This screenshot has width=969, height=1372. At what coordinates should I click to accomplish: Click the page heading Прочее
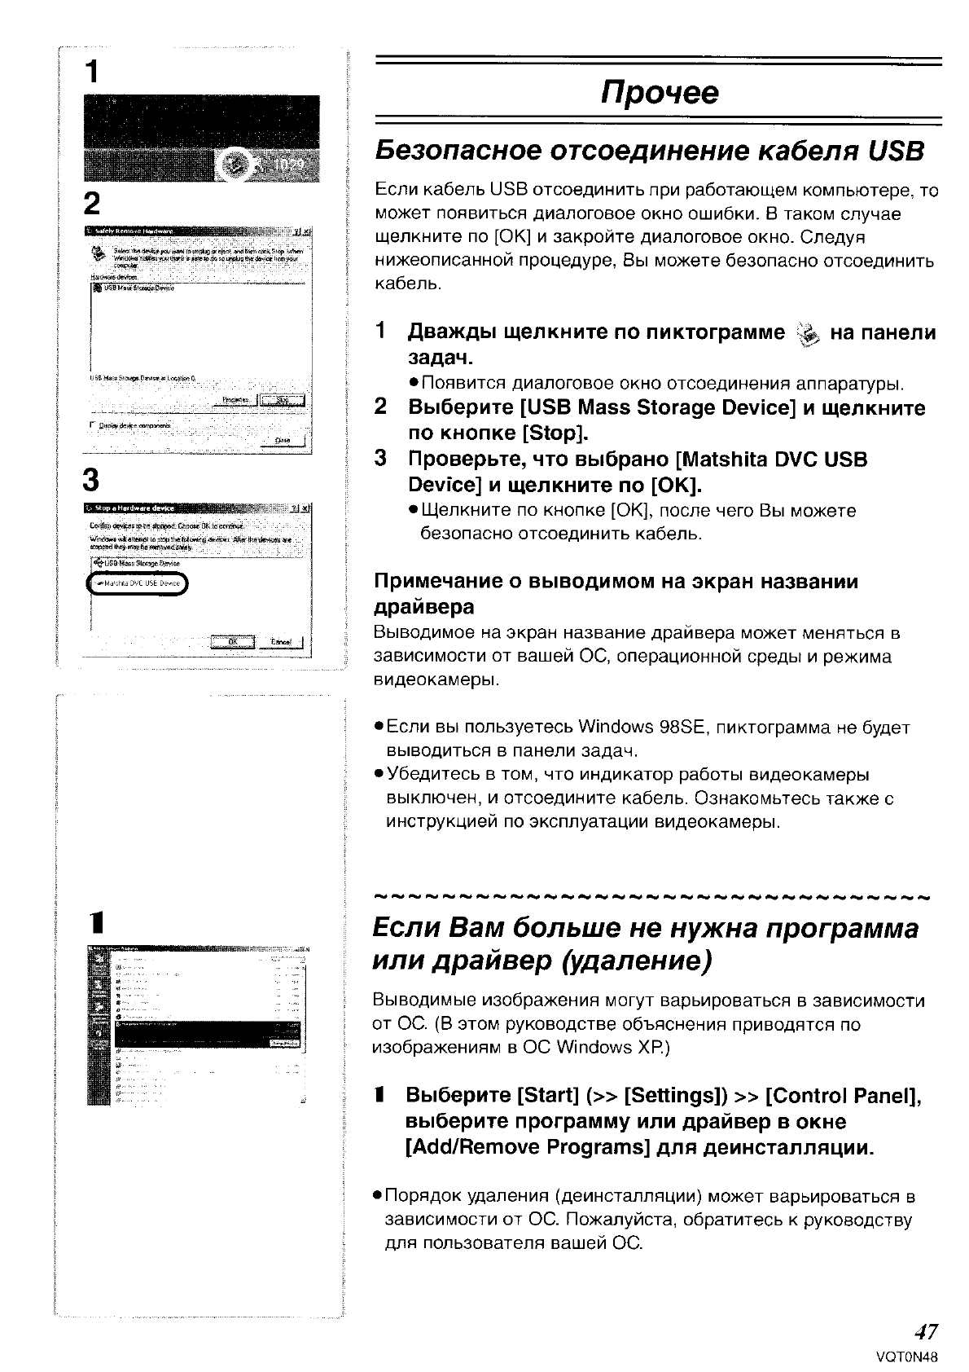point(660,93)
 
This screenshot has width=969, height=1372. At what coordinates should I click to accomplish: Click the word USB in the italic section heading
point(895,152)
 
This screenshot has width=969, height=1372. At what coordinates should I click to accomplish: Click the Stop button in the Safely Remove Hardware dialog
point(282,400)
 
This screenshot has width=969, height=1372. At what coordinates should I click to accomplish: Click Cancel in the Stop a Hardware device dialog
point(281,642)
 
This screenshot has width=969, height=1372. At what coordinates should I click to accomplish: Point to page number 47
point(925,1332)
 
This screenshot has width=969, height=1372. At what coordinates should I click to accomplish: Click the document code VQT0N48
point(906,1357)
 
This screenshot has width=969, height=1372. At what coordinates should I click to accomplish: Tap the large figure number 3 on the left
point(92,481)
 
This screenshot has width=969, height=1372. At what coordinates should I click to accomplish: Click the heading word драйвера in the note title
point(423,607)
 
